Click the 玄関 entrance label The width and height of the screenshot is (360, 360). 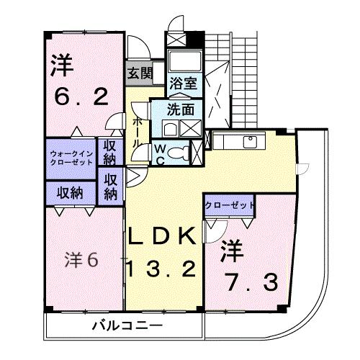(140, 72)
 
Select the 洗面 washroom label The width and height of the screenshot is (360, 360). (179, 112)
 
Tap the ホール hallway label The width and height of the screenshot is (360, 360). (136, 132)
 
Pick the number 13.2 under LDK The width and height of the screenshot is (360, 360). (161, 270)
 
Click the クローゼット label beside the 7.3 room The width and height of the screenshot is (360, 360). (230, 205)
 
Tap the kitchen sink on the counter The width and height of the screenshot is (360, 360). (250, 140)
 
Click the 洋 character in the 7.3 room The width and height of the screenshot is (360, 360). (233, 252)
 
